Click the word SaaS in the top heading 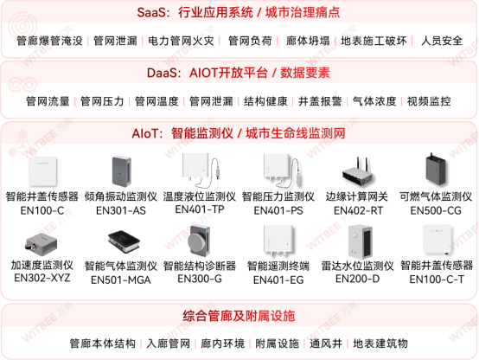pos(154,13)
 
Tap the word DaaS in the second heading pos(163,73)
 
